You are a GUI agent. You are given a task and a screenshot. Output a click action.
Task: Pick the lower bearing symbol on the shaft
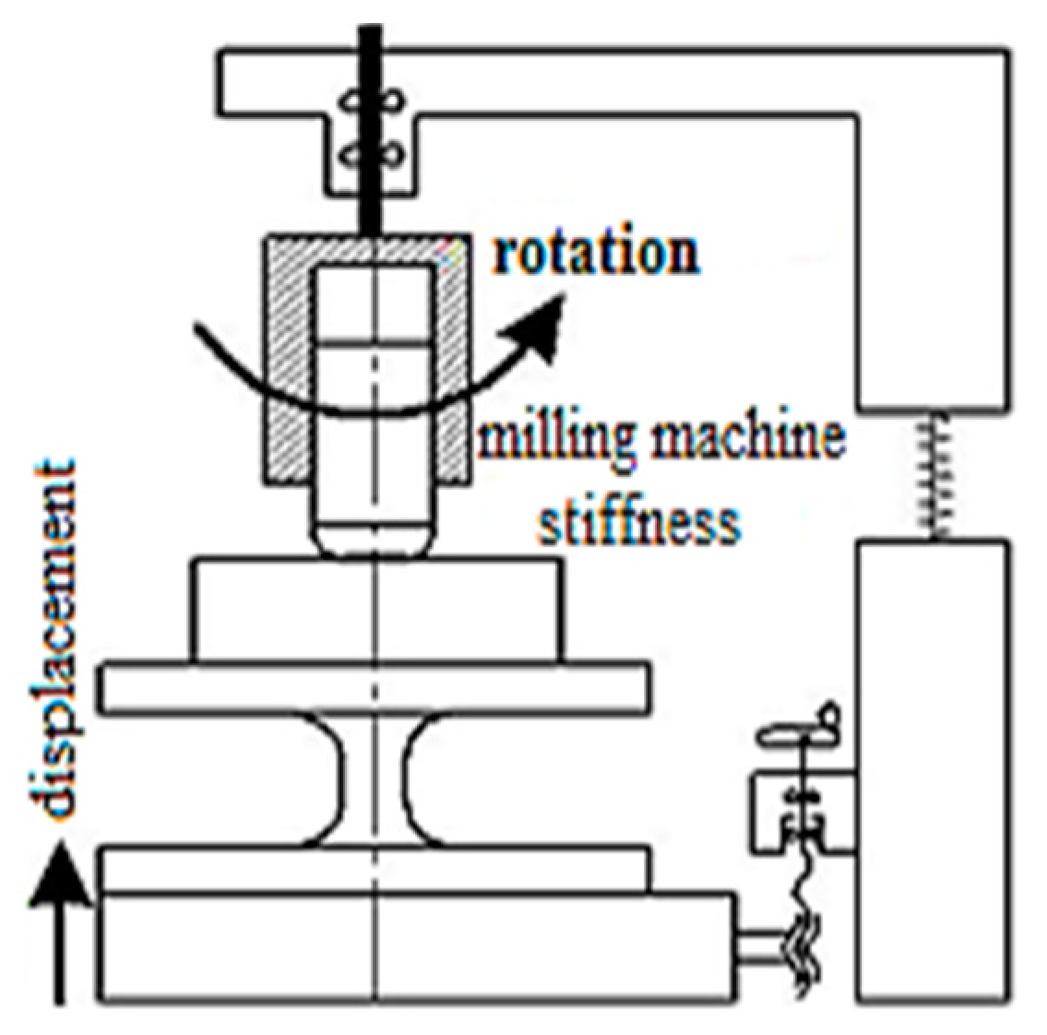[x=373, y=155]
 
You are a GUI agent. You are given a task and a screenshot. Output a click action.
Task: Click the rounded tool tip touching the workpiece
[x=375, y=539]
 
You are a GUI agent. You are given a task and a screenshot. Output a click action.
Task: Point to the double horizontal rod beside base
[x=761, y=949]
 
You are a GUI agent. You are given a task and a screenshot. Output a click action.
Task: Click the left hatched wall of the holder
[x=290, y=369]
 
